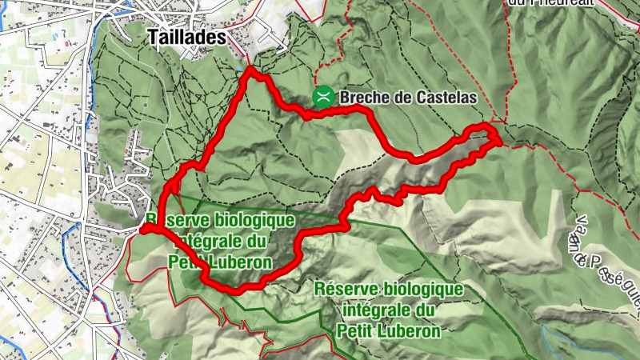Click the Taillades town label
coord(187,37)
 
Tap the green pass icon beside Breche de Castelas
coord(324,98)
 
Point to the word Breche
coord(364,98)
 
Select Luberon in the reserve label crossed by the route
coord(238,262)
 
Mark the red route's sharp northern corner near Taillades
coord(251,70)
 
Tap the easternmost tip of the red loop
coord(499,141)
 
